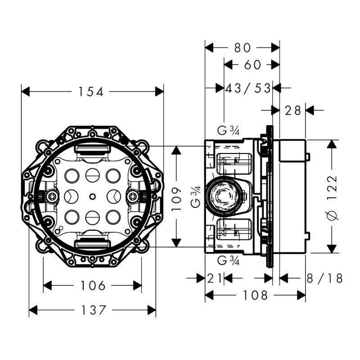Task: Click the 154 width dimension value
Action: point(91,92)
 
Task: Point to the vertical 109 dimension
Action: point(178,197)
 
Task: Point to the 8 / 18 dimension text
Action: point(324,279)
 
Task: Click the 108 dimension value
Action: point(255,295)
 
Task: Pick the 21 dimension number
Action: point(215,279)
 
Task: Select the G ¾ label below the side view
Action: point(228,261)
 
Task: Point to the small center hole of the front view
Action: point(92,196)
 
